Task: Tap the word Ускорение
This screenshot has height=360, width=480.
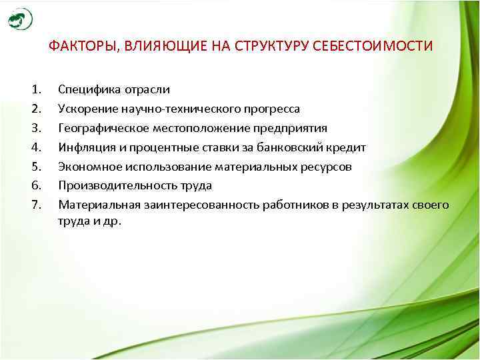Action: point(85,109)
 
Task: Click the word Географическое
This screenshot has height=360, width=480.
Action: point(99,128)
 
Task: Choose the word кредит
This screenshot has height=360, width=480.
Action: point(347,147)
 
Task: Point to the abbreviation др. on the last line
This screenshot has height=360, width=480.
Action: point(111,223)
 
